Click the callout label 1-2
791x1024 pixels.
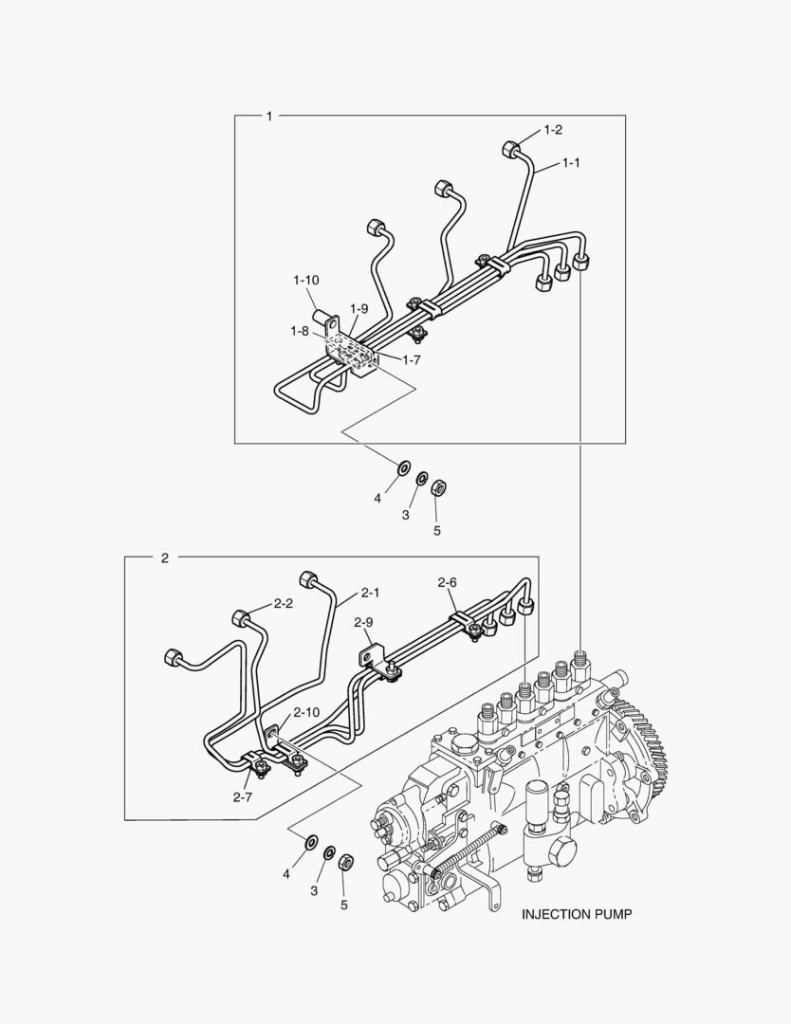pyautogui.click(x=553, y=130)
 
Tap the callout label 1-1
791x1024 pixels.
pyautogui.click(x=571, y=163)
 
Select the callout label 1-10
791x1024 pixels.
pyautogui.click(x=305, y=280)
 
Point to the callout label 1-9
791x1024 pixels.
pyautogui.click(x=359, y=308)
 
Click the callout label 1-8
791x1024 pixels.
pyautogui.click(x=299, y=331)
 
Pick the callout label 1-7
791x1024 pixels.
pyautogui.click(x=412, y=360)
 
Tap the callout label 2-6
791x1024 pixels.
pyautogui.click(x=447, y=582)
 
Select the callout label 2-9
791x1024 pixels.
pyautogui.click(x=363, y=622)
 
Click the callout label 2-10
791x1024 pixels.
pyautogui.click(x=306, y=712)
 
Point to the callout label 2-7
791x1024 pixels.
pyautogui.click(x=243, y=797)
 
